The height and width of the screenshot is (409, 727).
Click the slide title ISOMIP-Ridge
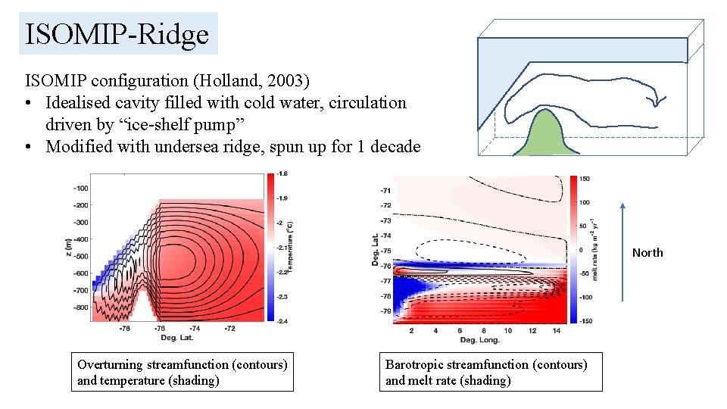(x=117, y=34)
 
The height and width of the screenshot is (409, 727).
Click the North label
(x=647, y=253)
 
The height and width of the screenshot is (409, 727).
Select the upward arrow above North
(x=622, y=250)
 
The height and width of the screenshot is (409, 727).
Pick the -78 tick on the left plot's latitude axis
(x=123, y=329)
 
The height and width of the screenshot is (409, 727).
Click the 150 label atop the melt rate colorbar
(x=585, y=179)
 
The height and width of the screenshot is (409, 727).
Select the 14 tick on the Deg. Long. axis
(x=556, y=330)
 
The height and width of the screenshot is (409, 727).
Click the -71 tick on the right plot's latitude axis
(x=386, y=190)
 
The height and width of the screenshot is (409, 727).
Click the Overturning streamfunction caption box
(x=182, y=372)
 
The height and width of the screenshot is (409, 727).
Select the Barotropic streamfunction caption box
(x=491, y=372)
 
